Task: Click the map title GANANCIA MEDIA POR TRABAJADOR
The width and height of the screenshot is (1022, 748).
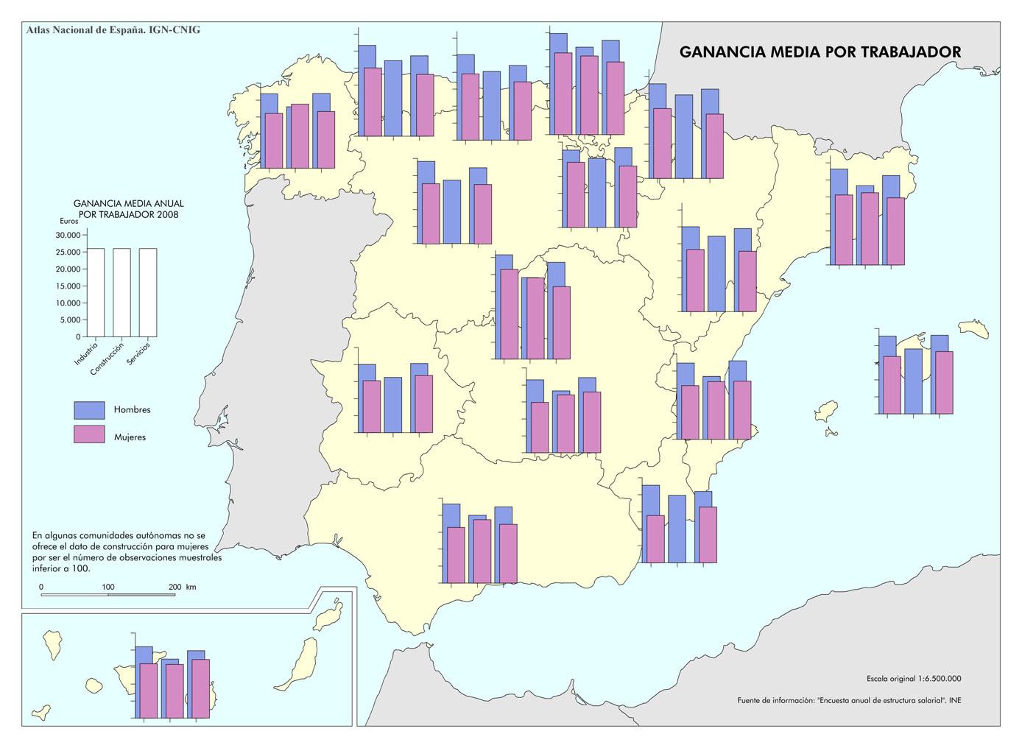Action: coord(820,52)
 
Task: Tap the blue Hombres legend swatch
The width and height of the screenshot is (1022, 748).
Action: coord(89,410)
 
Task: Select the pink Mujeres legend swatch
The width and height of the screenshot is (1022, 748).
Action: coord(89,434)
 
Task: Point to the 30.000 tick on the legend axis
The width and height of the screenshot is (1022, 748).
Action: coord(68,236)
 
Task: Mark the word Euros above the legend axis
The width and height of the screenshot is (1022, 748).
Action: coord(68,221)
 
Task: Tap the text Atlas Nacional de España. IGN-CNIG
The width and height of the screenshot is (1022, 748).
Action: coord(113,30)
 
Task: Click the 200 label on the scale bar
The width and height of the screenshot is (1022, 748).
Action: coord(175,587)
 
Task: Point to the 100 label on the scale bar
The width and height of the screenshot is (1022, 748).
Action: coord(108,587)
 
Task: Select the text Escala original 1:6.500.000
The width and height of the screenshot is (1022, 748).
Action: coord(913,679)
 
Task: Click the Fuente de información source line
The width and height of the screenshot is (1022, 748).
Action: coord(849,700)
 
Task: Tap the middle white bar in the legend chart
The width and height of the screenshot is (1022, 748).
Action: coord(121,292)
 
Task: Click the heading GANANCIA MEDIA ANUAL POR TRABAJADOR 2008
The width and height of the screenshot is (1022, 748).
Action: coord(128,209)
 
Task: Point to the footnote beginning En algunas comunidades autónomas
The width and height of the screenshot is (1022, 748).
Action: coord(126,552)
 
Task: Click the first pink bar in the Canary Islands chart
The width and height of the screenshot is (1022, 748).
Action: coord(149,691)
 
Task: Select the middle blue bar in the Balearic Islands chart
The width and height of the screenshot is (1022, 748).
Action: coord(913,381)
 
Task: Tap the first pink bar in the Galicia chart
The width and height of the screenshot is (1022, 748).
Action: coord(273,141)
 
